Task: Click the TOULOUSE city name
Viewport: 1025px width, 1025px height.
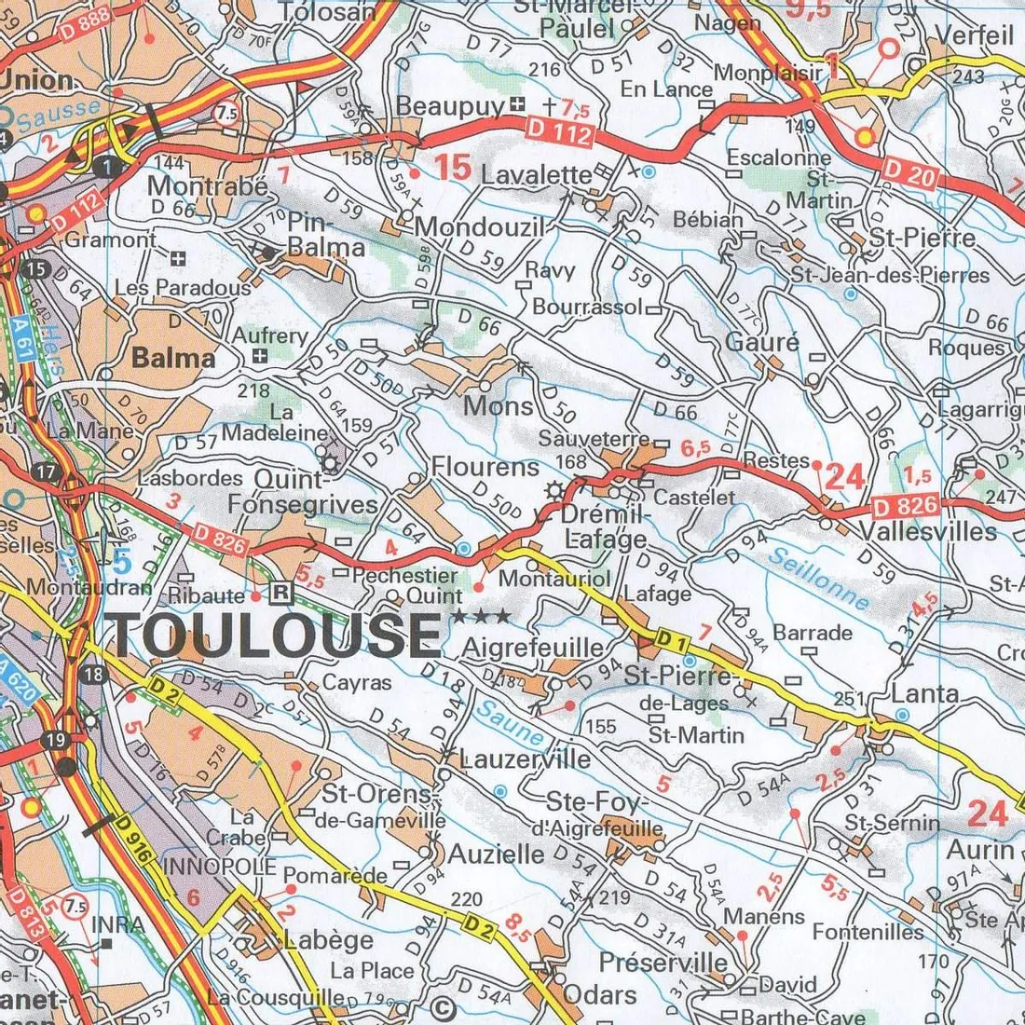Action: [x=276, y=635]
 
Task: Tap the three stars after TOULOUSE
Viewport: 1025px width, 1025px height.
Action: [x=482, y=617]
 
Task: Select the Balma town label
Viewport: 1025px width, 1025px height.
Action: [x=173, y=357]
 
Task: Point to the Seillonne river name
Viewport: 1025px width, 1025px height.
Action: [x=819, y=579]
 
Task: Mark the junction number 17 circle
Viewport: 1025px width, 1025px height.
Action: [x=46, y=471]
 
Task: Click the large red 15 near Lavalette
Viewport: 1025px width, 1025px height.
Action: [x=453, y=169]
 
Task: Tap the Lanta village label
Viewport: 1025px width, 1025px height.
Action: [x=924, y=693]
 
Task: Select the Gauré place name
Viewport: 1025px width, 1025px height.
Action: [x=762, y=342]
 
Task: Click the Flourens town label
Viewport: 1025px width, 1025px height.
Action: [x=485, y=466]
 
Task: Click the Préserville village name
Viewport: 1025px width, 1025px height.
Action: [x=663, y=962]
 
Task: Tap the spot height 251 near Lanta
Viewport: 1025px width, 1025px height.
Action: [x=846, y=699]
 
